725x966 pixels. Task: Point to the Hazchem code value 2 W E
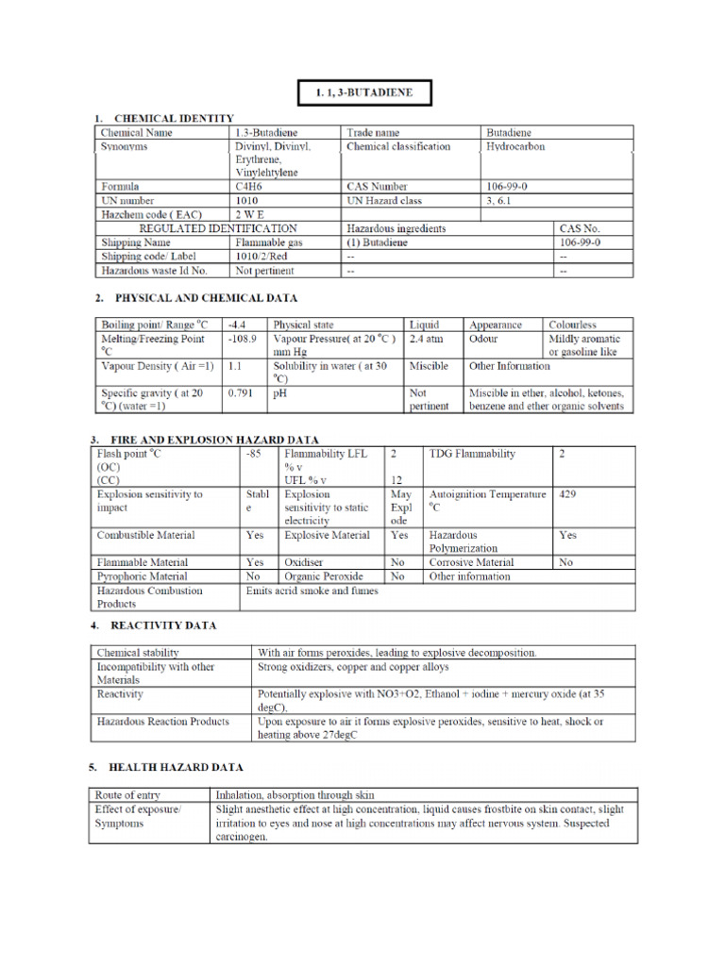tap(251, 215)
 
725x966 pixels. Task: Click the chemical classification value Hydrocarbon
tap(515, 147)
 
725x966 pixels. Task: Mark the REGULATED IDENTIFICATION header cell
tap(218, 228)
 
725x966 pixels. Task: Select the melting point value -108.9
tap(243, 338)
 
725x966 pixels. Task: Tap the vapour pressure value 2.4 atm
tap(427, 338)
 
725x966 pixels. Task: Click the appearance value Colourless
tap(573, 325)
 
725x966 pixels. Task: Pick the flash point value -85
tap(253, 454)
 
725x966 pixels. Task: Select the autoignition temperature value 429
tap(567, 493)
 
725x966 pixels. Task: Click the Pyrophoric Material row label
tap(143, 576)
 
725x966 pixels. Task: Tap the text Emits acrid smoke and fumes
tap(312, 591)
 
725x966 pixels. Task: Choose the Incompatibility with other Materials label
tap(156, 673)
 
